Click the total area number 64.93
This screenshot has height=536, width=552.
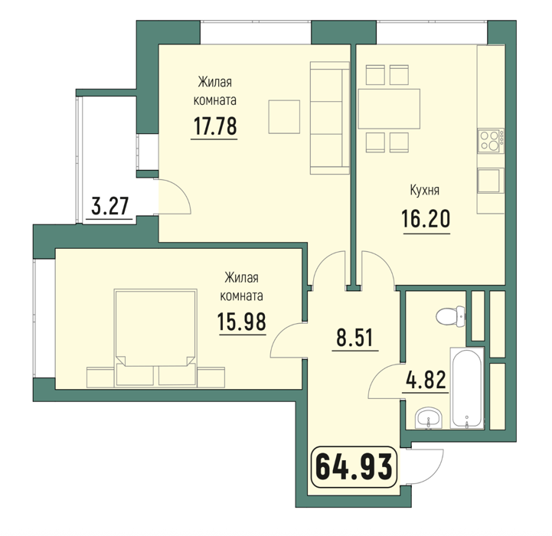tap(354, 466)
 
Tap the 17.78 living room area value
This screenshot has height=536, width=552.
tap(215, 126)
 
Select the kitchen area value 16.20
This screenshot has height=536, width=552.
tap(426, 219)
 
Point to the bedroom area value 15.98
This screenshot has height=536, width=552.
tap(242, 322)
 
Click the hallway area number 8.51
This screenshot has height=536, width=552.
tap(354, 338)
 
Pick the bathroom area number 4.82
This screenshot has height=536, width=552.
tap(426, 380)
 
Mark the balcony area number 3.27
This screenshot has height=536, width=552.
tap(109, 206)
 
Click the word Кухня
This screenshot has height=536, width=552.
tap(425, 191)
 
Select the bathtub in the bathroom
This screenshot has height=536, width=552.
tap(466, 388)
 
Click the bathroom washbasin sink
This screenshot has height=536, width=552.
tap(429, 419)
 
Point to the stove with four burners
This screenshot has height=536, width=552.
tap(491, 141)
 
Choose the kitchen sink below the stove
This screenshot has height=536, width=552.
tap(491, 181)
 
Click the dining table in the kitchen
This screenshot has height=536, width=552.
tap(389, 109)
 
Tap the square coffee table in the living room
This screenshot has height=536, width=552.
tap(284, 117)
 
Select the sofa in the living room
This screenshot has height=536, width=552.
tap(329, 118)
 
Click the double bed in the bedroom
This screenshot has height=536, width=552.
tap(155, 338)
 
